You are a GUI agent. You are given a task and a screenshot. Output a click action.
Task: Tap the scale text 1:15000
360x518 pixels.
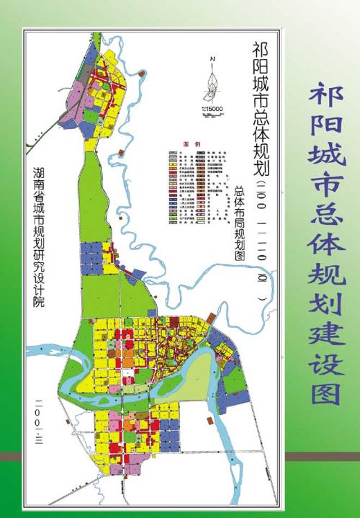[209, 109]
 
